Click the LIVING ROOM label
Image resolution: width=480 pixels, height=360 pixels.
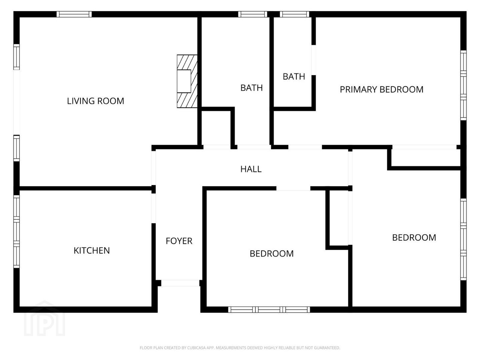(x=96, y=101)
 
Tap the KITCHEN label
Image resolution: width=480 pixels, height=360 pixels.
(x=92, y=250)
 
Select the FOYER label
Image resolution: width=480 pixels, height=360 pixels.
(x=179, y=241)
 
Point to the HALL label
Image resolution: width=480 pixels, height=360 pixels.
(x=251, y=169)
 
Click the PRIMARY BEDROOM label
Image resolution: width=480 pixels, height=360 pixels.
(x=382, y=89)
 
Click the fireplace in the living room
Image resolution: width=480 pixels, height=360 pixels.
(x=187, y=81)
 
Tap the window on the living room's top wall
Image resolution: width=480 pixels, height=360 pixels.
(x=74, y=14)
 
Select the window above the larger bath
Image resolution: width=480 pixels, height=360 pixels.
(x=253, y=14)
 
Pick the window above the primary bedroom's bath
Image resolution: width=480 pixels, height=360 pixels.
(x=295, y=14)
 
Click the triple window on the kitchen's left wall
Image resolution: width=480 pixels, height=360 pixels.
(x=17, y=231)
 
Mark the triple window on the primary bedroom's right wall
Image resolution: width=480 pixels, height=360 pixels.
(x=463, y=85)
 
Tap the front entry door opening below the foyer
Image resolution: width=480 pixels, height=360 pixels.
(x=180, y=283)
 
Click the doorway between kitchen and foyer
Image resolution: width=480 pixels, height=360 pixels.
(x=154, y=208)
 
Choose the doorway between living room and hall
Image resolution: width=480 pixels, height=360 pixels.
(x=154, y=168)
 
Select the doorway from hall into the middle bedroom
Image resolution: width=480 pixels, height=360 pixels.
(x=293, y=188)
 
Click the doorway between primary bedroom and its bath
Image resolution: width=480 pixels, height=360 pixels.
(x=314, y=60)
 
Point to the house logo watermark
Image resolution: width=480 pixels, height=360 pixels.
(x=45, y=318)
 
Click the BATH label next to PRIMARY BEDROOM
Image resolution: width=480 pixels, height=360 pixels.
(x=294, y=77)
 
